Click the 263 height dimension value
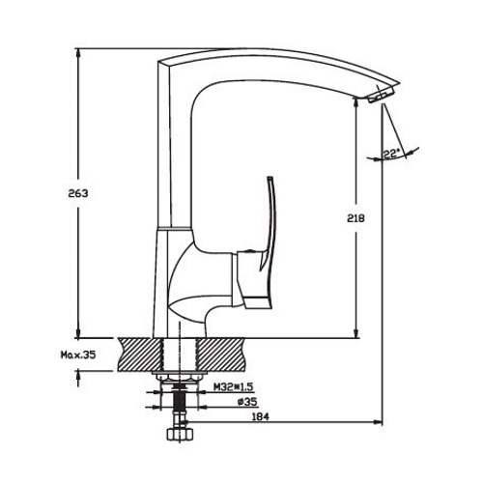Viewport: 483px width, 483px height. click(x=78, y=193)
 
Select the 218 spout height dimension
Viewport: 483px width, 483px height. click(x=355, y=218)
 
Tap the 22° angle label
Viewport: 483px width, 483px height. click(x=391, y=154)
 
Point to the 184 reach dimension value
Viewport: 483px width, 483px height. click(x=260, y=416)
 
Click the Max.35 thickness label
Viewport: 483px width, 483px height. click(x=78, y=355)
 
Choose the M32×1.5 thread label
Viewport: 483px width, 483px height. click(x=235, y=387)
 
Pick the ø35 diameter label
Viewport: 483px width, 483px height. click(x=247, y=402)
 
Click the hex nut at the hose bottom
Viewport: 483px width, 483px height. click(x=180, y=434)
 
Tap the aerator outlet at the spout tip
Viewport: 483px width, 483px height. click(x=380, y=96)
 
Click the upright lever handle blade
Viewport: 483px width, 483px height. click(x=270, y=222)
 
